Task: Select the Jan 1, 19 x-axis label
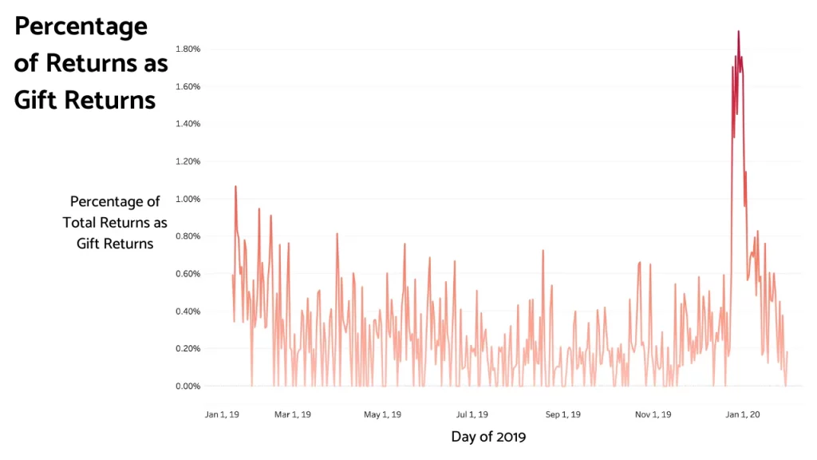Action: [x=222, y=414]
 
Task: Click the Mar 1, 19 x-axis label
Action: [x=293, y=414]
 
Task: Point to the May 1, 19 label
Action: [x=383, y=414]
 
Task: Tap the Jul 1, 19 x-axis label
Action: [x=472, y=414]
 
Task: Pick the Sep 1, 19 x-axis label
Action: [x=562, y=414]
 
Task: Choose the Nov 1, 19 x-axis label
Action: [x=653, y=414]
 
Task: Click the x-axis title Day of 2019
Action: [x=488, y=437]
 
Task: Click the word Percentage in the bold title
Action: [x=81, y=26]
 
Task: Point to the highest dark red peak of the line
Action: [x=738, y=32]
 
